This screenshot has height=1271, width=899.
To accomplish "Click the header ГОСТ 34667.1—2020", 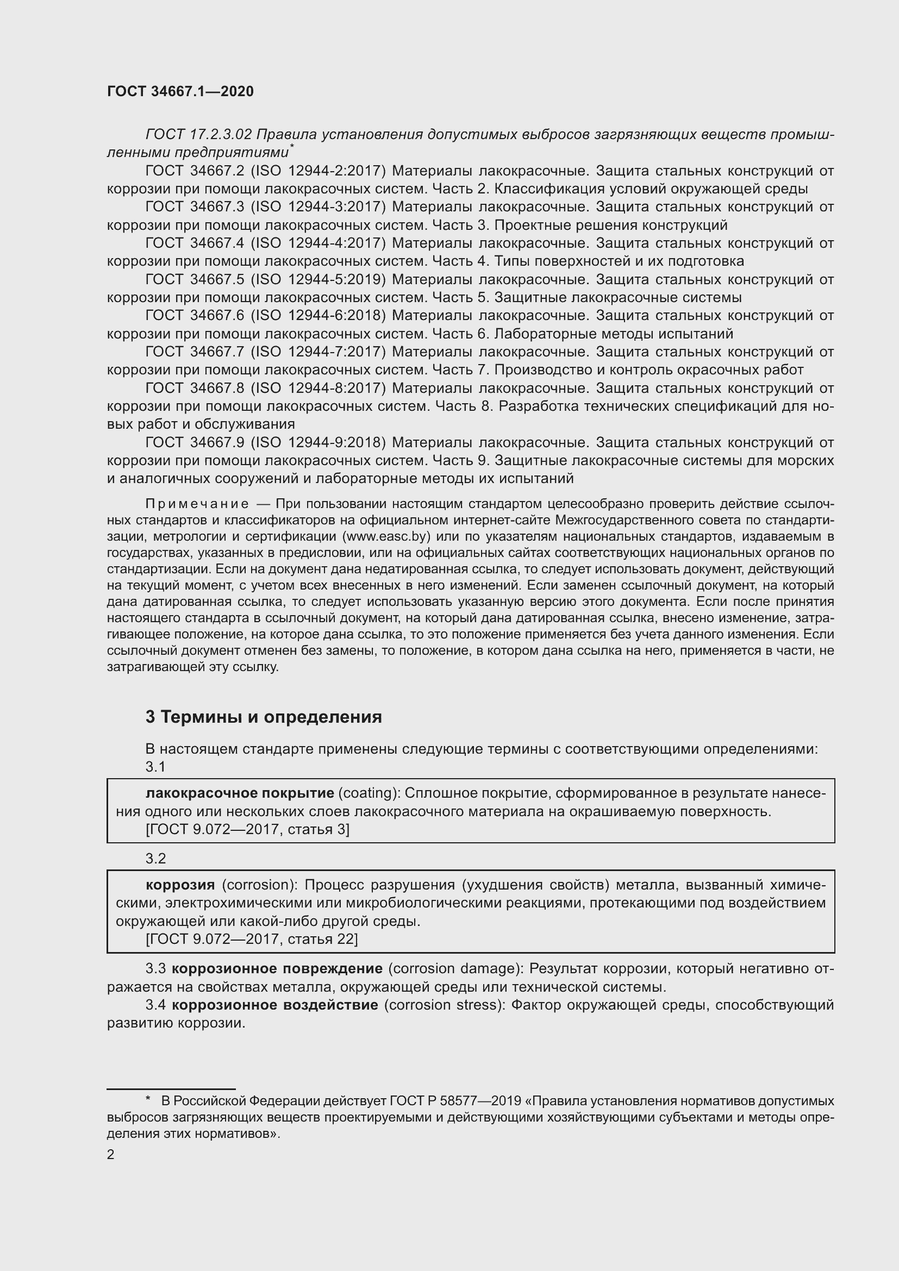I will pyautogui.click(x=180, y=92).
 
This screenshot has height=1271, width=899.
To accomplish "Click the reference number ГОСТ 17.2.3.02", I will pyautogui.click(x=199, y=135).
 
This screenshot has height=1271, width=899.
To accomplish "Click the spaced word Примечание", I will pyautogui.click(x=197, y=504).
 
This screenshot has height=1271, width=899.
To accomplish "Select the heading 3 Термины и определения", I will pyautogui.click(x=264, y=717).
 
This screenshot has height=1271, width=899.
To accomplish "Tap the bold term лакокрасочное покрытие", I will pyautogui.click(x=240, y=793).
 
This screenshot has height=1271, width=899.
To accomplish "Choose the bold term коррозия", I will pyautogui.click(x=180, y=885).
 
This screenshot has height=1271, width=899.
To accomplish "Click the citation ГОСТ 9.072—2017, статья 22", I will pyautogui.click(x=251, y=940).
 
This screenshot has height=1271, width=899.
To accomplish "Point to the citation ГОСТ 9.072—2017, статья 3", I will pyautogui.click(x=247, y=829).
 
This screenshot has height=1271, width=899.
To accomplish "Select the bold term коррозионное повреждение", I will pyautogui.click(x=277, y=969).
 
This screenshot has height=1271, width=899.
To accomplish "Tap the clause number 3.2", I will pyautogui.click(x=155, y=859).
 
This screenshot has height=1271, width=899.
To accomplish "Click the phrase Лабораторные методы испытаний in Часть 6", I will pyautogui.click(x=613, y=334).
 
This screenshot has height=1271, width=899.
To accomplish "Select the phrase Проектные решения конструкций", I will pyautogui.click(x=610, y=226).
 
